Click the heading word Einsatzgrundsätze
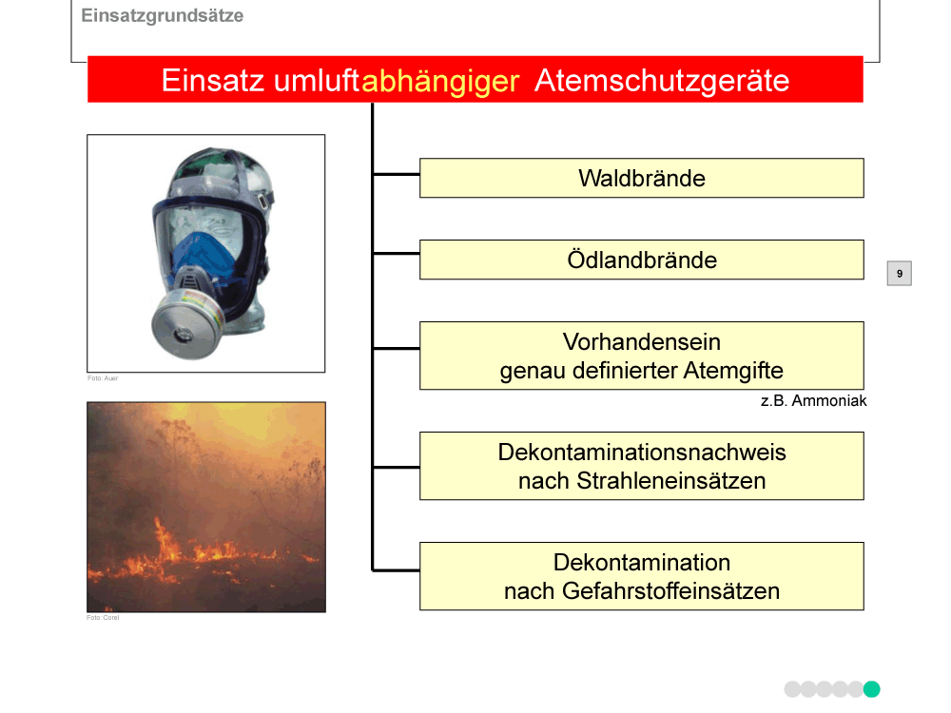[162, 16]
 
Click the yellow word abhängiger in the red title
[440, 81]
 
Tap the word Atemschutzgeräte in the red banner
[662, 81]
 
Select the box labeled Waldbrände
[642, 179]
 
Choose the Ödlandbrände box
[642, 260]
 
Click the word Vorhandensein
[642, 342]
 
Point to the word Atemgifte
[733, 371]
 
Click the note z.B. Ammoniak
[813, 401]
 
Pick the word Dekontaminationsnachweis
[642, 453]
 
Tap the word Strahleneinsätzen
[670, 481]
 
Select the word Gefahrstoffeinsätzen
[670, 591]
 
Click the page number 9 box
[900, 274]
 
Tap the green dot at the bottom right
[871, 689]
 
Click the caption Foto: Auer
[103, 378]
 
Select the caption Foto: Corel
[103, 618]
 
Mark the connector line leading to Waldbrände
[396, 175]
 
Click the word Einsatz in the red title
[213, 81]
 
